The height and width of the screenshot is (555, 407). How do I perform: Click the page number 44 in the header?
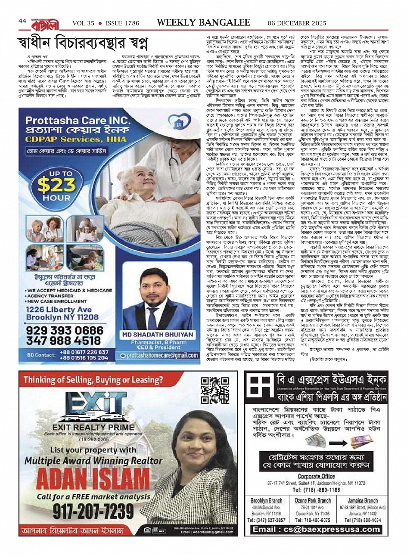click(x=22, y=22)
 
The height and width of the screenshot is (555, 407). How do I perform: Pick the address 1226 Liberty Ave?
click(x=59, y=310)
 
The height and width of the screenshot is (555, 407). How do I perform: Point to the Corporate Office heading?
click(x=316, y=476)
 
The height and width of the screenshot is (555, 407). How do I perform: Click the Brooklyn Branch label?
click(x=267, y=501)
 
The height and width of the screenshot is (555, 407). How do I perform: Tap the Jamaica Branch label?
click(x=363, y=501)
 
